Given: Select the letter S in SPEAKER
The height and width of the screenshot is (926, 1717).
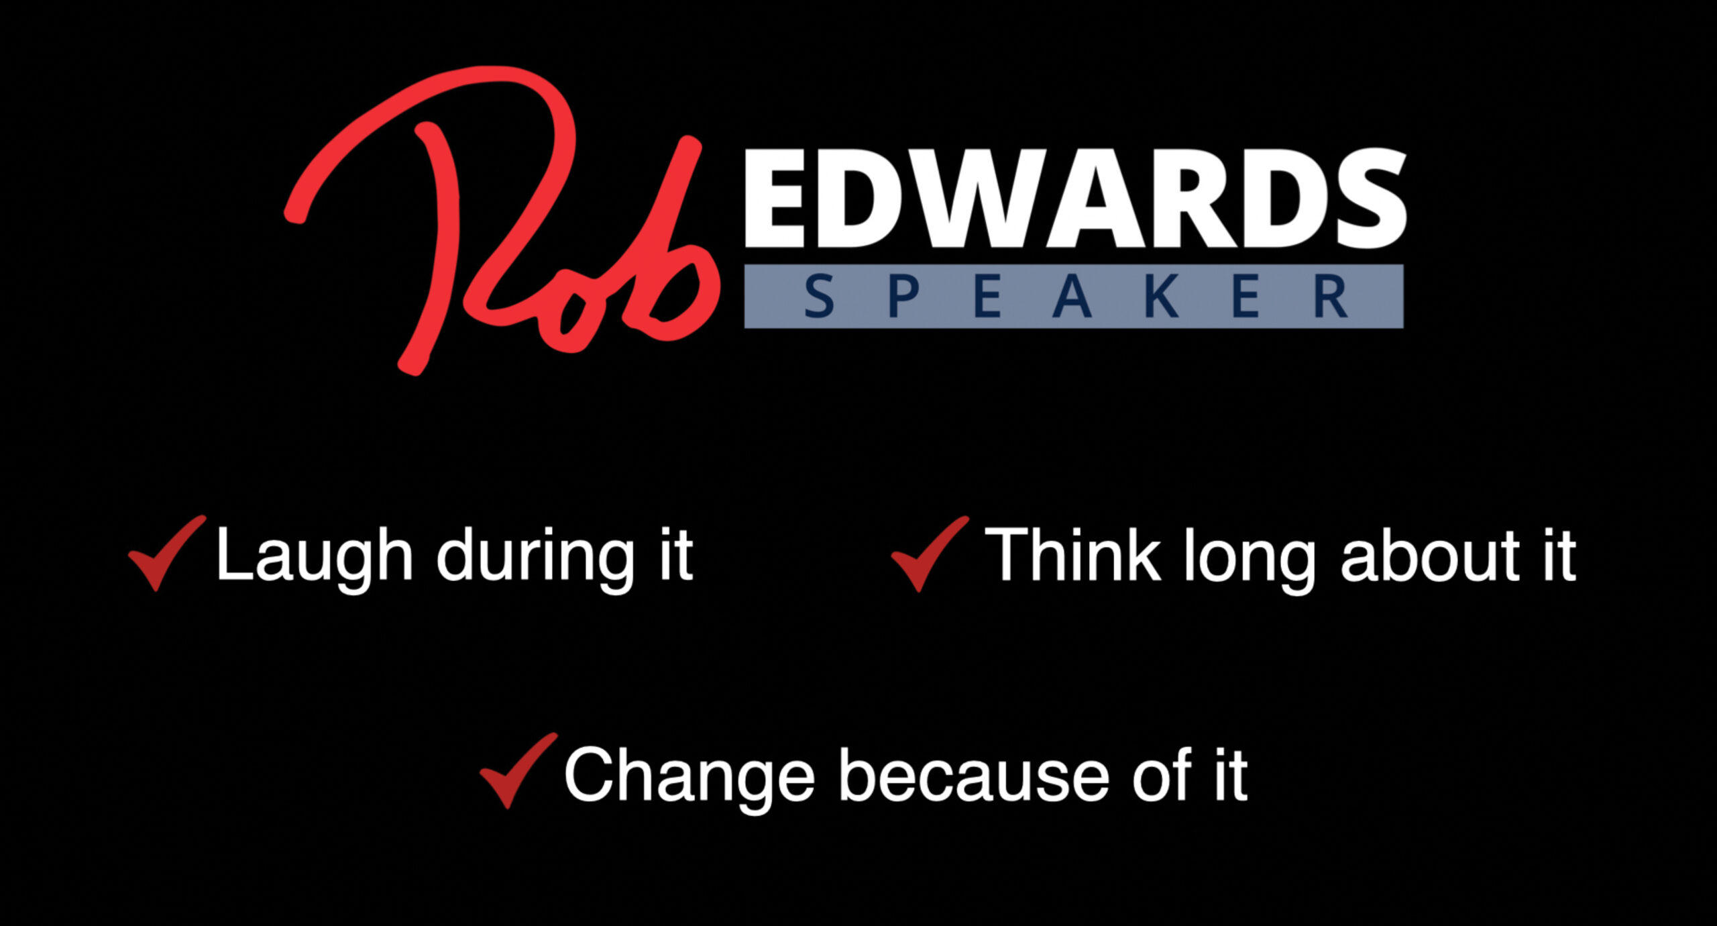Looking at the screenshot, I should click(819, 297).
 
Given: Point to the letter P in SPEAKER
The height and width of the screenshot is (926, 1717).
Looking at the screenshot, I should click(903, 297).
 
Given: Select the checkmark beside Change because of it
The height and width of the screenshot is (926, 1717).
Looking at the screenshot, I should click(516, 770).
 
